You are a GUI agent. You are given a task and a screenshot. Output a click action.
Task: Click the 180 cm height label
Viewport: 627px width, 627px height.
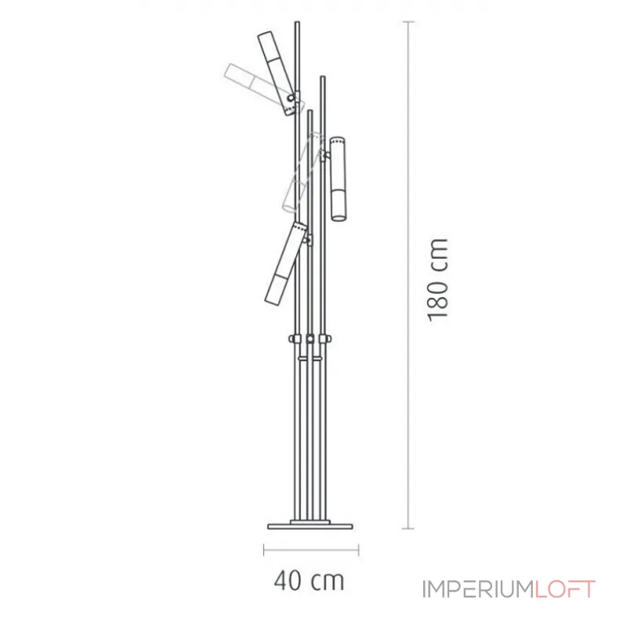438,279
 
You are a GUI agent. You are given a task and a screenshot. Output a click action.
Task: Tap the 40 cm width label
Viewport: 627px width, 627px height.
309,581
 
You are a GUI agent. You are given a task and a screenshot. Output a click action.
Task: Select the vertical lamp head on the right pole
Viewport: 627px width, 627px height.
338,178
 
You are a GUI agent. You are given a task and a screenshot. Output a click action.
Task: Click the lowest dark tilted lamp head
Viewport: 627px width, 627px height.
285,263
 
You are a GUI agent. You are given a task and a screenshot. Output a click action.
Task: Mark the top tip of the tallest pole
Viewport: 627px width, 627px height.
297,24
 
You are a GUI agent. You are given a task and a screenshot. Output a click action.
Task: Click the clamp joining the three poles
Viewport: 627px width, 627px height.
310,339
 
